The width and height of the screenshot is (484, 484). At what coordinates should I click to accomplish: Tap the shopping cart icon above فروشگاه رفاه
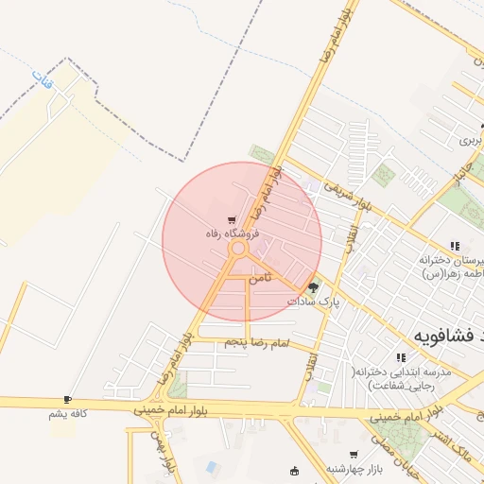pos(233,219)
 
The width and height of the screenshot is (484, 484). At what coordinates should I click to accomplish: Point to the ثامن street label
pos(260,279)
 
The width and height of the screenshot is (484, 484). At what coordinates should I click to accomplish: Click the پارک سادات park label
pos(313,301)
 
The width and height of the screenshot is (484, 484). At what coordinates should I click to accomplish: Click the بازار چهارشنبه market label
pos(354,468)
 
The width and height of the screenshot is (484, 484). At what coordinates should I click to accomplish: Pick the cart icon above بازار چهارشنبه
pos(354,455)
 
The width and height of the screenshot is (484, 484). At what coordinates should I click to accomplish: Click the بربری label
pos(471,140)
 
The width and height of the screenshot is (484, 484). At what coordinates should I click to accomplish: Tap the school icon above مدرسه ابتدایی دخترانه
pos(401,358)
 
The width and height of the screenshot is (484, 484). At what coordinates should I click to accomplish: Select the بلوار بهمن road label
pos(162,452)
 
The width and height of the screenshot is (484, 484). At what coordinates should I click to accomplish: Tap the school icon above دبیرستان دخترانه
pos(455,245)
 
